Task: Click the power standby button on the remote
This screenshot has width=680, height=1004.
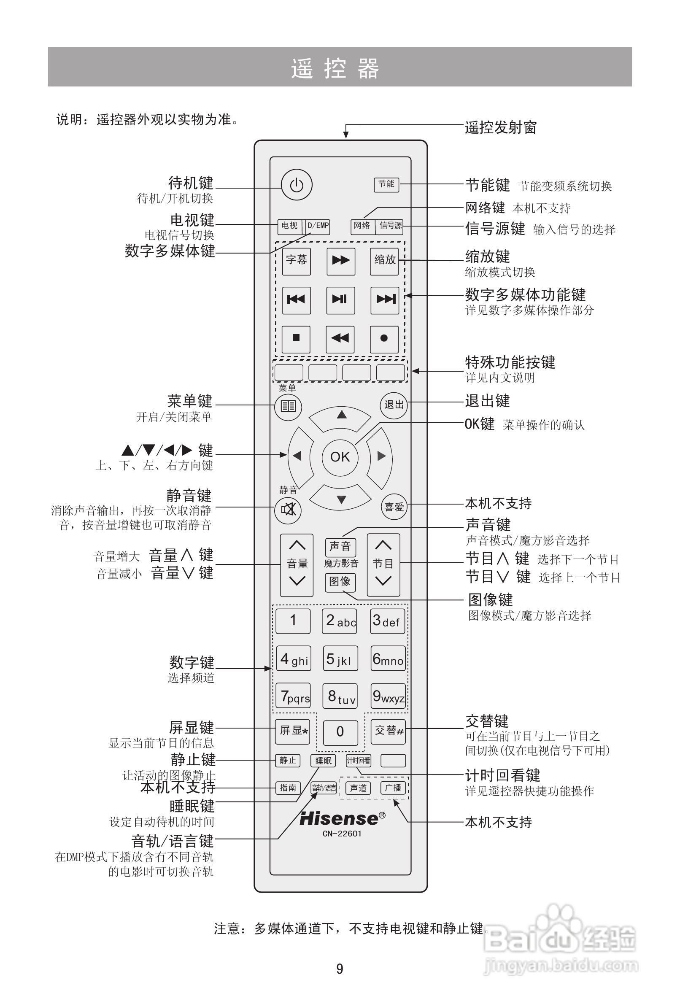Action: (297, 185)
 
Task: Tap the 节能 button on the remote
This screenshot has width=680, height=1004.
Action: (386, 184)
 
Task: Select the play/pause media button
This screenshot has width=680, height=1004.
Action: (340, 300)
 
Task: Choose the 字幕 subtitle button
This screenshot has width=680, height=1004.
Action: (297, 261)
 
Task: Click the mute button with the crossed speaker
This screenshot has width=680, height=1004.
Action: (288, 510)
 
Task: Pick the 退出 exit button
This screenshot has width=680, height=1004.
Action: (394, 405)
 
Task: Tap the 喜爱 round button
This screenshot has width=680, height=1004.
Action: (394, 507)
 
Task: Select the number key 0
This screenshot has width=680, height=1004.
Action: (340, 732)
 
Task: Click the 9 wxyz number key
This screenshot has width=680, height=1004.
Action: (388, 695)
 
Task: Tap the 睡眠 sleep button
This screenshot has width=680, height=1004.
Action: (323, 761)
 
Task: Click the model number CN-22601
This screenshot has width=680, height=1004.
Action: (342, 833)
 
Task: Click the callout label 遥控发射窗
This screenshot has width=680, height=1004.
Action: (500, 128)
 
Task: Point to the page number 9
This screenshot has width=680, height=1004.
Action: (340, 969)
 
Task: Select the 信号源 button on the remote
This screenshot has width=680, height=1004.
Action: (391, 226)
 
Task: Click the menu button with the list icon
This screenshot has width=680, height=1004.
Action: (288, 406)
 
